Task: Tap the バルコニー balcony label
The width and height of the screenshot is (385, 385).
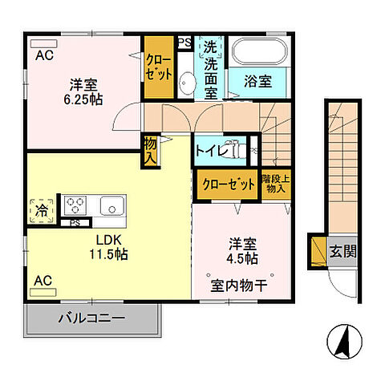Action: (x=91, y=318)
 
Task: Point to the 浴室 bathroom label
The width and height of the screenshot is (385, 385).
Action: (x=258, y=81)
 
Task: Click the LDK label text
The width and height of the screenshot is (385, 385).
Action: (x=107, y=240)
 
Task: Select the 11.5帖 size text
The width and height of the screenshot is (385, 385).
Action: (x=107, y=254)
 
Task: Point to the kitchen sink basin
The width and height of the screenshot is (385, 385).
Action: (x=111, y=206)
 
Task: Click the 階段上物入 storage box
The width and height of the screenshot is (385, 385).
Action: (x=277, y=183)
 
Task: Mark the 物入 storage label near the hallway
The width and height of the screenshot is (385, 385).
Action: (x=150, y=150)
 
